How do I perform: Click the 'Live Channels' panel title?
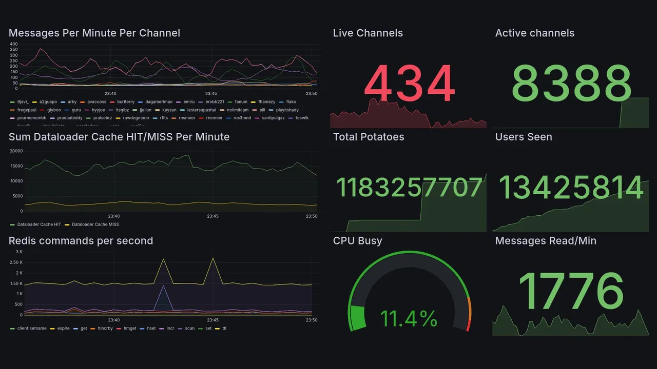(x=368, y=33)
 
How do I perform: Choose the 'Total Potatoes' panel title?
(x=368, y=137)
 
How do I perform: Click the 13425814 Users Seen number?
(x=571, y=188)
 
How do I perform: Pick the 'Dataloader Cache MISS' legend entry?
(x=95, y=224)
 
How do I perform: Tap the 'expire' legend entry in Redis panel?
(x=63, y=328)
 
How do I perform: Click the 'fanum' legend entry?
(x=241, y=102)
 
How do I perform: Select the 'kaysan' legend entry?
(x=169, y=110)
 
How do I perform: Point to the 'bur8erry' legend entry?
(x=125, y=102)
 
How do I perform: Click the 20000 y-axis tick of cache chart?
(x=16, y=151)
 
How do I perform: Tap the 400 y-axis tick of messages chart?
(x=13, y=44)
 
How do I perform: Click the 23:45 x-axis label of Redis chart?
(x=212, y=320)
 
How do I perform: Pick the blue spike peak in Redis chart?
(x=163, y=286)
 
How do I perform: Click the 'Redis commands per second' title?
(x=81, y=241)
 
